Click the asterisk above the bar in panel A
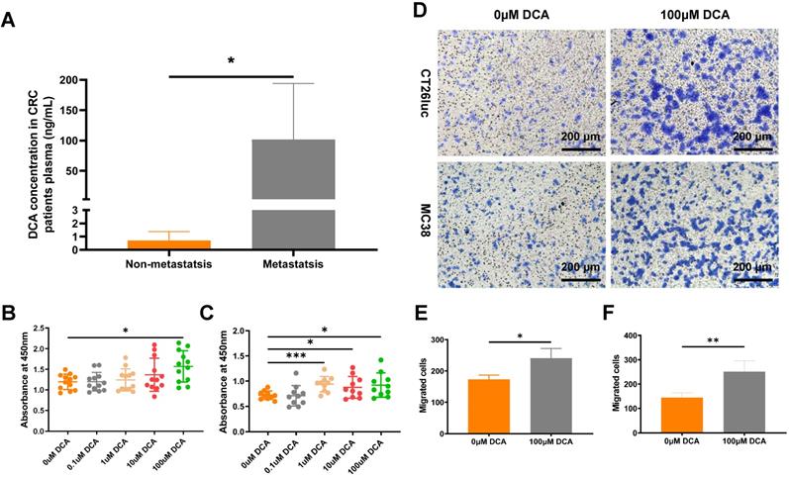point(231,61)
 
